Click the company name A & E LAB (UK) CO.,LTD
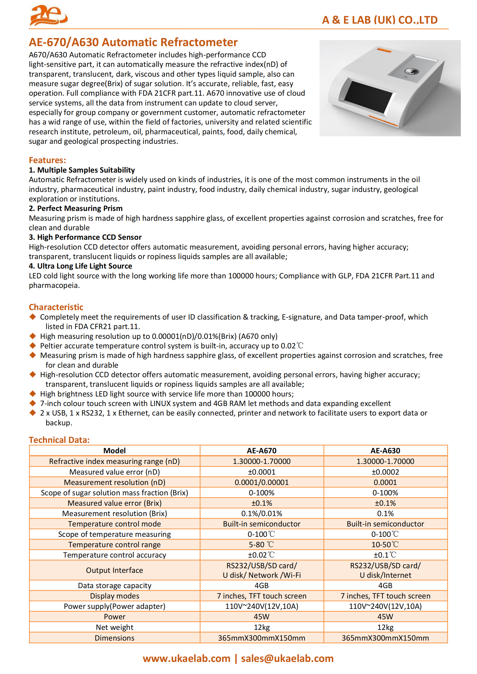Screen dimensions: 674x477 (x=380, y=20)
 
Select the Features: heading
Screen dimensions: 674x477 (x=47, y=160)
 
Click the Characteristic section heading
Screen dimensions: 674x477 (x=56, y=307)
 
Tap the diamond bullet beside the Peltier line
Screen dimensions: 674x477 (x=33, y=346)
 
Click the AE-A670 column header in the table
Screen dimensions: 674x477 (x=261, y=451)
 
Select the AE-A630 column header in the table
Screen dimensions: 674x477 (x=385, y=451)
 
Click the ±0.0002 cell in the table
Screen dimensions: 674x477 (x=385, y=472)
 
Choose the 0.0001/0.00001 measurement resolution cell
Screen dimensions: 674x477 (x=261, y=482)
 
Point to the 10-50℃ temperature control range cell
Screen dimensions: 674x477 (x=385, y=545)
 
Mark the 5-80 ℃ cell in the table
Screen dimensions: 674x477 (x=261, y=545)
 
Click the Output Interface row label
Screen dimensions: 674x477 (x=114, y=570)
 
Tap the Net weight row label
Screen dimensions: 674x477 (x=114, y=627)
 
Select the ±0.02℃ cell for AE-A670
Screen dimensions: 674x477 (x=261, y=555)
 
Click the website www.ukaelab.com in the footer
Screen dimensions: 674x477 (x=187, y=658)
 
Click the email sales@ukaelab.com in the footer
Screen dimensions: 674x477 (x=287, y=658)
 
